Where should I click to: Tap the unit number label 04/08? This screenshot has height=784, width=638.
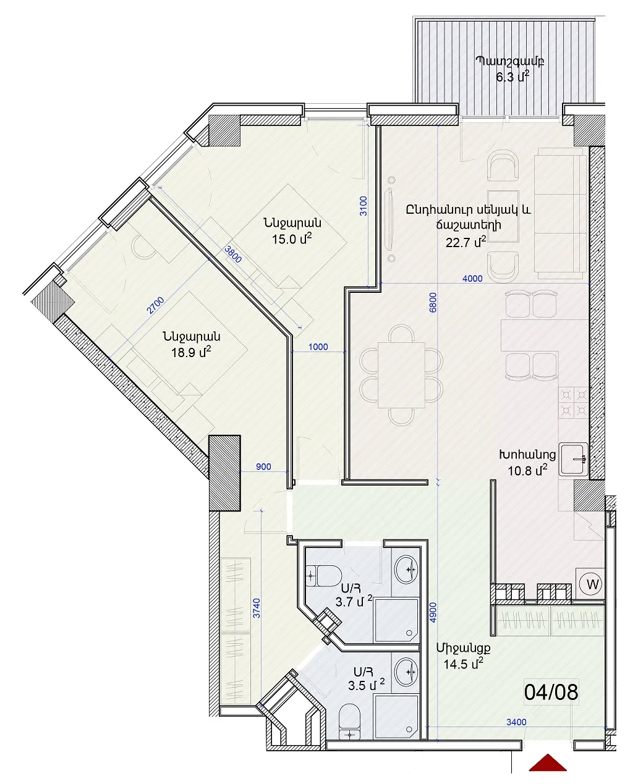[x=551, y=693]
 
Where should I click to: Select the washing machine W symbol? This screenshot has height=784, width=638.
[x=592, y=584]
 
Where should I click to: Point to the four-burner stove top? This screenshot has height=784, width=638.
[x=574, y=403]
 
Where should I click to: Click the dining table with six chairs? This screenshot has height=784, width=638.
[x=401, y=375]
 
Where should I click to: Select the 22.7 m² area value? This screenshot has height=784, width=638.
[x=466, y=242]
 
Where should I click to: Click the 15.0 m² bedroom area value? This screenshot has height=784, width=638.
[x=292, y=239]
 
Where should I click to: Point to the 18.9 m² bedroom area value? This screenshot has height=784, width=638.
[x=191, y=353]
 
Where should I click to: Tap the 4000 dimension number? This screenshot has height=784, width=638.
[x=472, y=279]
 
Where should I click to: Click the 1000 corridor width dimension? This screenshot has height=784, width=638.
[x=318, y=347]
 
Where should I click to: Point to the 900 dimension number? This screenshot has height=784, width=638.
[x=263, y=466]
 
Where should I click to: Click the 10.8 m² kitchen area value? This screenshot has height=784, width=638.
[x=527, y=470]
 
